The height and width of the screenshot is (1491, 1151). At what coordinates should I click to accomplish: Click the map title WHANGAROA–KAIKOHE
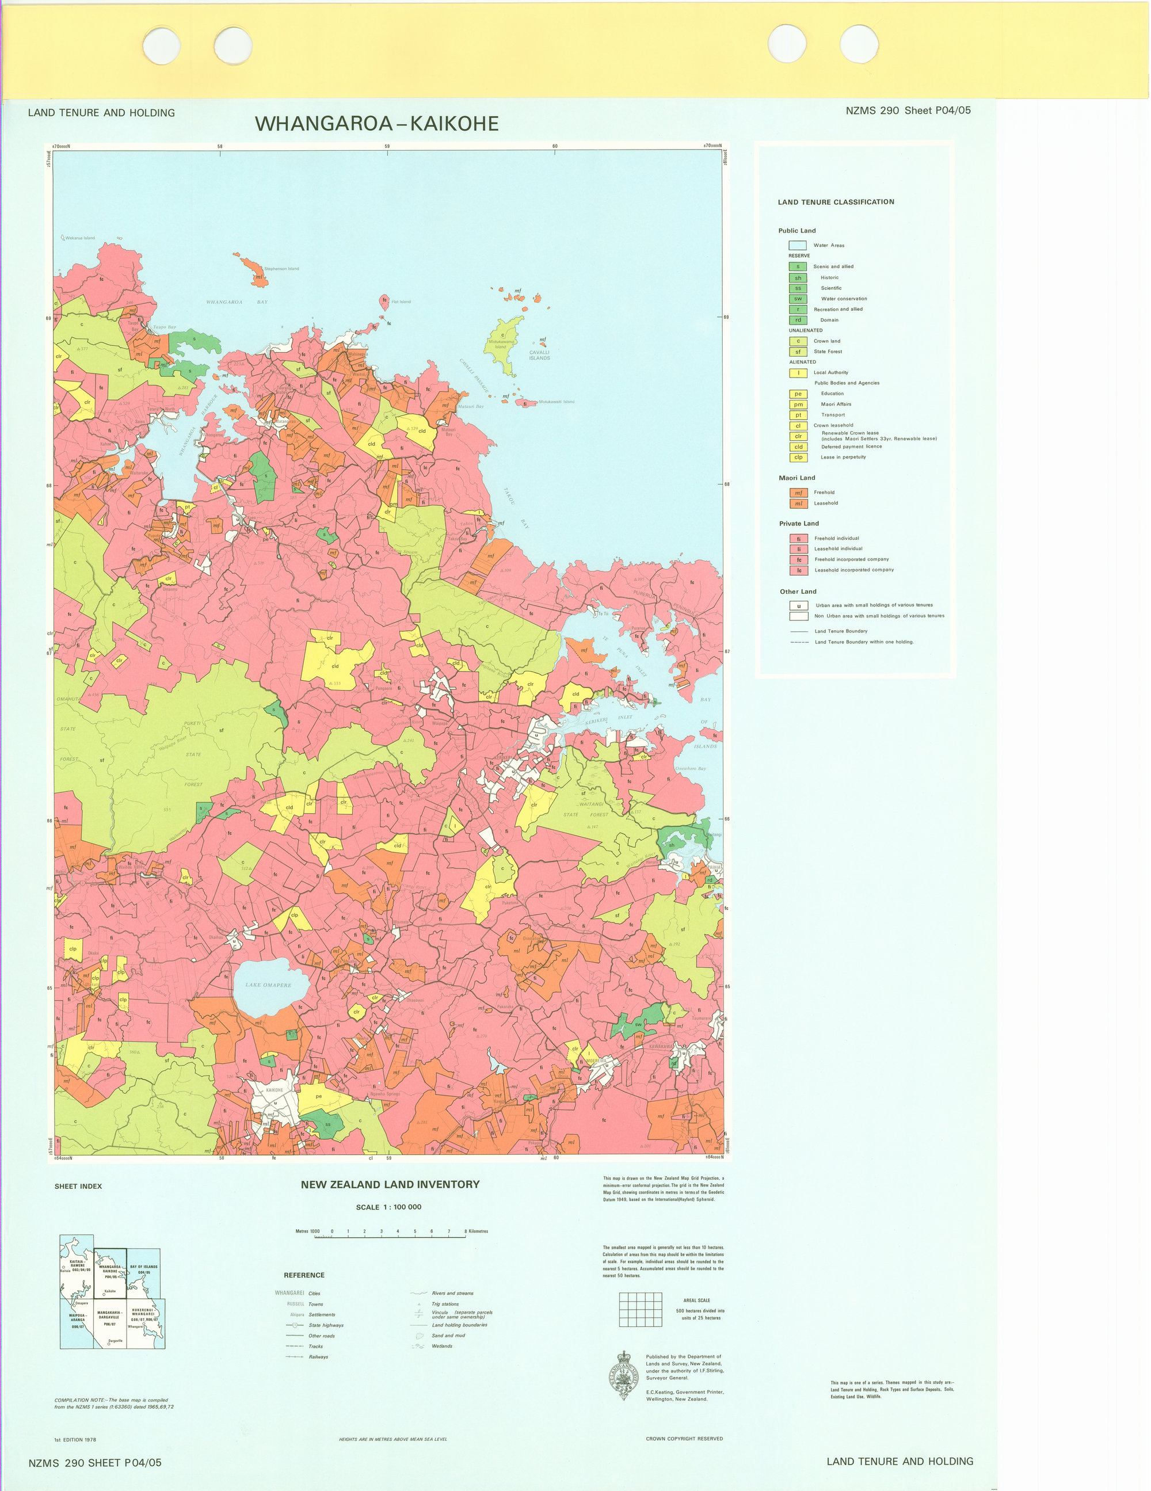(x=376, y=124)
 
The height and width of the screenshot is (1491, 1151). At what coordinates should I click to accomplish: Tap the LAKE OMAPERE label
(x=268, y=985)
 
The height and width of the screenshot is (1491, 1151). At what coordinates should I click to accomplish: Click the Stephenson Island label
(x=281, y=269)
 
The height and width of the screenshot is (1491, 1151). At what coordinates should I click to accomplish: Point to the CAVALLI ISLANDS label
(x=539, y=355)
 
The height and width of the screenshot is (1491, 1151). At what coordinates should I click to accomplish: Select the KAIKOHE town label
(x=275, y=1090)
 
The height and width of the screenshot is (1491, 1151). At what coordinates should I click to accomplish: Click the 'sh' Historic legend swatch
(x=798, y=278)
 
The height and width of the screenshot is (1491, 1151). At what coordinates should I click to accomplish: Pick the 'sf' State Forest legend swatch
(x=798, y=352)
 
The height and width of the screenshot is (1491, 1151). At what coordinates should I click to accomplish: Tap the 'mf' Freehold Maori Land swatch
(x=798, y=493)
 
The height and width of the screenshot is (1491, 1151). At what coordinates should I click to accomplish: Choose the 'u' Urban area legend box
(x=799, y=605)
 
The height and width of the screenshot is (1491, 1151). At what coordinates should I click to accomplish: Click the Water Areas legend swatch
(x=798, y=245)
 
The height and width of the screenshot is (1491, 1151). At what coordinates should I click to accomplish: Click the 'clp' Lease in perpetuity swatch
(x=798, y=457)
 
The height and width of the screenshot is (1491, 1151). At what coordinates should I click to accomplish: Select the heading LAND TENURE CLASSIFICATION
(x=836, y=202)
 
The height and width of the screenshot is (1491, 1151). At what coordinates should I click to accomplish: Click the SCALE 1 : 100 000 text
(x=388, y=1207)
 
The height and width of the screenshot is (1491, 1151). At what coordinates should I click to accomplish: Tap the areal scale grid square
(x=641, y=1309)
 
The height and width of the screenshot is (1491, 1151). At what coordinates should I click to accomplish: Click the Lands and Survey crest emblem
(x=623, y=1375)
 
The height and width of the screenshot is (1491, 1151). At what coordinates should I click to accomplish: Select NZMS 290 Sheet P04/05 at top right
(x=908, y=110)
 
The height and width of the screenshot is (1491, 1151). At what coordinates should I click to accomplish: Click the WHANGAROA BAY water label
(x=237, y=302)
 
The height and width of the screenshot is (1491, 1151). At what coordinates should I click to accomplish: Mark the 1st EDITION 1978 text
(x=75, y=1440)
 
